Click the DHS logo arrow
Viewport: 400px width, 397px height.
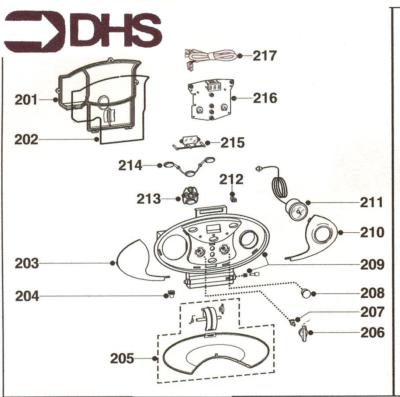[35, 31]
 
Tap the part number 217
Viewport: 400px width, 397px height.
[265, 55]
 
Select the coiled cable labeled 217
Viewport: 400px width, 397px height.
[210, 58]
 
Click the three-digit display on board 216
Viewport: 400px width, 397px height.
[215, 88]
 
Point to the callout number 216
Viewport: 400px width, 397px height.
[265, 98]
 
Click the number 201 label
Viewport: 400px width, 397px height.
[26, 100]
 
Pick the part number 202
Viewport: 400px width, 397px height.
[26, 140]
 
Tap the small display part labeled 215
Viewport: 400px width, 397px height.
[189, 142]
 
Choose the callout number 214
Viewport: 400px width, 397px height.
[130, 166]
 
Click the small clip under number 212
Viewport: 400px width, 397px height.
[233, 198]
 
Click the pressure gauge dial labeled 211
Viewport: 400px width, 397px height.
[296, 211]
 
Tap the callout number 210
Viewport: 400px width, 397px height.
[372, 232]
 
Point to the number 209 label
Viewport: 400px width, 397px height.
[372, 265]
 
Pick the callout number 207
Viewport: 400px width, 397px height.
[372, 312]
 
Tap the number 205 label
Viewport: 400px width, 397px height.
[122, 358]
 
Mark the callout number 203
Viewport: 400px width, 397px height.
[27, 264]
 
